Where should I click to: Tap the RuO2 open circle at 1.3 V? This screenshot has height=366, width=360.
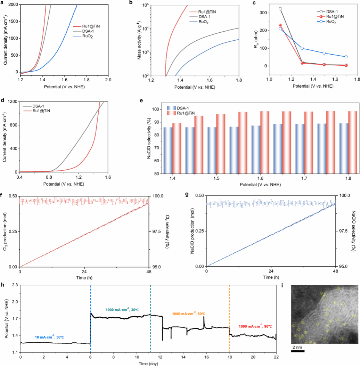click(x=302, y=48)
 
